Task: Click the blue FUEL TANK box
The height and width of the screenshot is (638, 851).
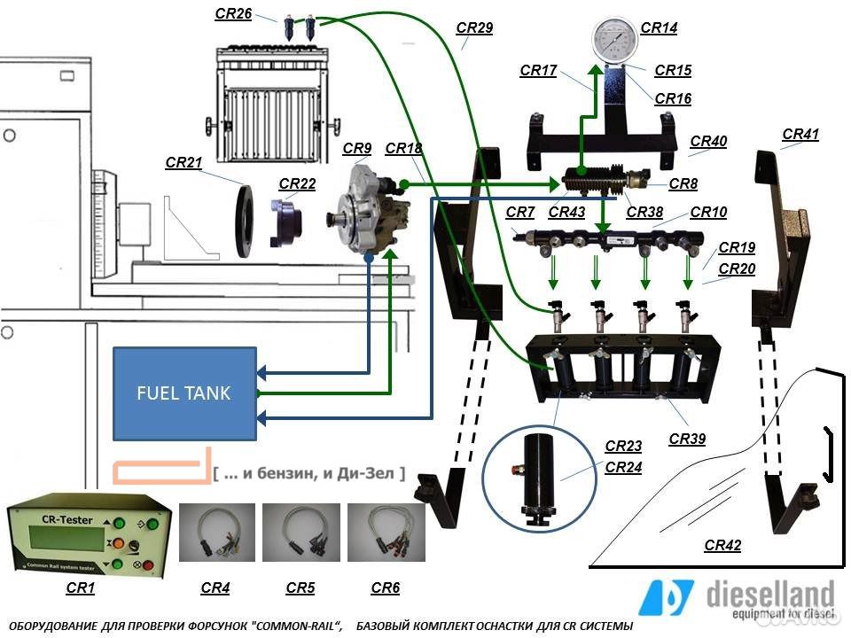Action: (184, 393)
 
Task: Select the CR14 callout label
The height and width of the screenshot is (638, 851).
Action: (659, 28)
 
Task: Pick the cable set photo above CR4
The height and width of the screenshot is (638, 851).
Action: (216, 533)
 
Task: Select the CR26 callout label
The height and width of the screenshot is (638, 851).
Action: (233, 13)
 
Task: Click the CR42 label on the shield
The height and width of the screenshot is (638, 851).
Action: (722, 546)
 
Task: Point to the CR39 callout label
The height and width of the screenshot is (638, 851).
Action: (687, 439)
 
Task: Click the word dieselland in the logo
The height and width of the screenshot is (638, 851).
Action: (770, 593)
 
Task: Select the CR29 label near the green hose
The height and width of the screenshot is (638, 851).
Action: (474, 28)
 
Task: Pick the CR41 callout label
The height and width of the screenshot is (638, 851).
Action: (800, 135)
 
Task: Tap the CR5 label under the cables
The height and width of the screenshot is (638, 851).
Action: (301, 587)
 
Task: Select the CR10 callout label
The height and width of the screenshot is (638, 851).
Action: (708, 212)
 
